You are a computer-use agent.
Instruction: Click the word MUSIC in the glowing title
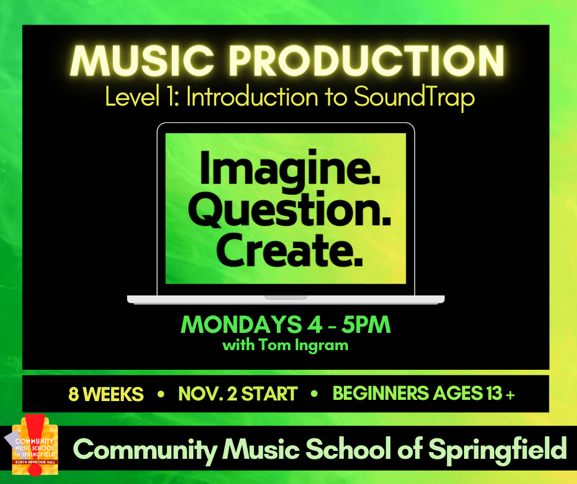[142, 61]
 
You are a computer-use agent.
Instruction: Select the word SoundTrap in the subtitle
[414, 98]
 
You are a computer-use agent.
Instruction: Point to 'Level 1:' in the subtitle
[142, 96]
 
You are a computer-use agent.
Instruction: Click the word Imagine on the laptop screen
[290, 169]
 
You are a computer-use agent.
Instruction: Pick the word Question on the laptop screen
[290, 209]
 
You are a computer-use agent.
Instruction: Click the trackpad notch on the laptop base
[285, 297]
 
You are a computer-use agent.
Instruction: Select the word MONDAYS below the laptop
[241, 324]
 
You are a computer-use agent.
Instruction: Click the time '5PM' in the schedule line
[366, 324]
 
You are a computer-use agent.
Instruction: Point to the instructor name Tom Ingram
[304, 345]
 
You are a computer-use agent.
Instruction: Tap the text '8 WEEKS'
[106, 394]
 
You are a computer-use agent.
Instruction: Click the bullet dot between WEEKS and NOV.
[161, 394]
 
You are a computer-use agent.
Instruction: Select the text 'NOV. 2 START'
[238, 394]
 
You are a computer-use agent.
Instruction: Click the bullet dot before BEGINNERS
[314, 394]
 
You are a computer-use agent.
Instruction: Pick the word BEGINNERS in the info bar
[381, 393]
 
